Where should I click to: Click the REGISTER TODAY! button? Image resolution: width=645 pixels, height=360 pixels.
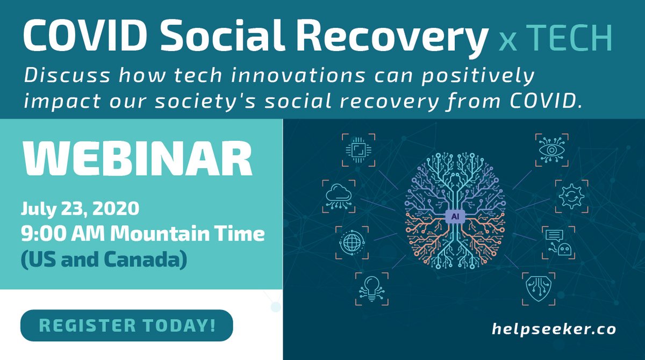pyautogui.click(x=127, y=326)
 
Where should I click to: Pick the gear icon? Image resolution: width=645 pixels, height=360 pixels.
pyautogui.click(x=571, y=196)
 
